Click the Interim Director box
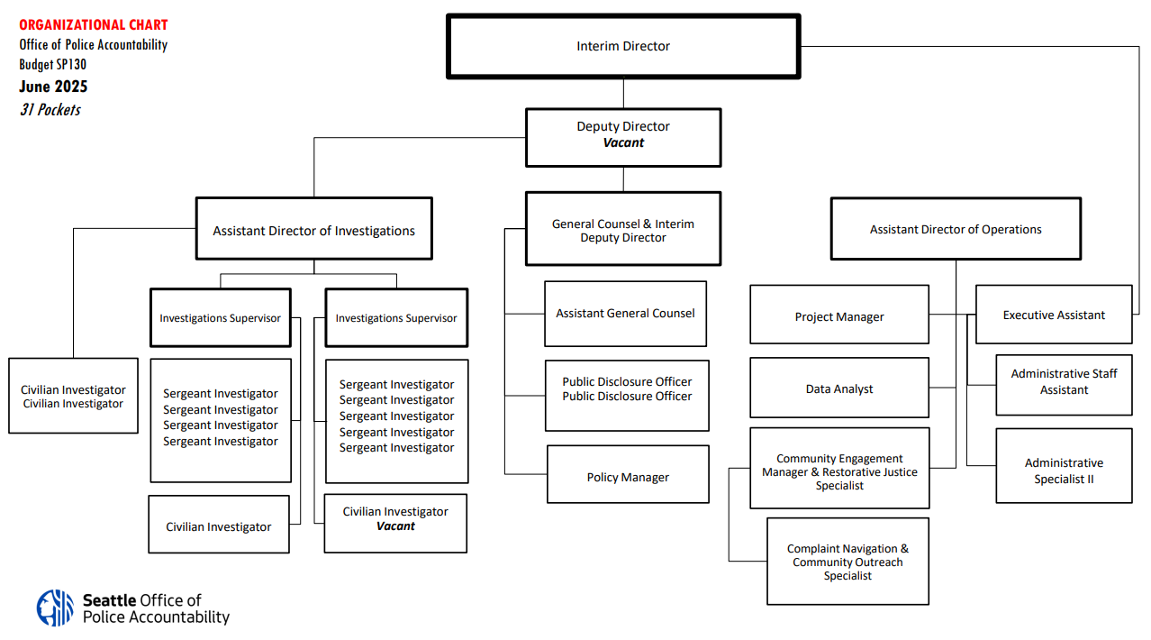click(623, 46)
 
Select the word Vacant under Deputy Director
click(623, 143)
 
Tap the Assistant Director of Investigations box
click(314, 228)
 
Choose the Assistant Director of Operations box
click(956, 229)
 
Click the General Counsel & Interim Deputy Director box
click(623, 229)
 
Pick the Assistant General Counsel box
click(625, 314)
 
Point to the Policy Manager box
click(628, 474)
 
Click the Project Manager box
click(839, 315)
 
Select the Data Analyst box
click(839, 388)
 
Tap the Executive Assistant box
click(1054, 315)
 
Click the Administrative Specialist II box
click(1064, 466)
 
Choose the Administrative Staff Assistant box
click(1064, 385)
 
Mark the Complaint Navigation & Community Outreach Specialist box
click(847, 562)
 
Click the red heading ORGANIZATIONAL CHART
click(94, 24)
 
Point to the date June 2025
click(53, 87)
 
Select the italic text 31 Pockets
click(50, 110)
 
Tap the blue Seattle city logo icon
click(55, 608)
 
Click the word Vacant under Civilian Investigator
click(395, 526)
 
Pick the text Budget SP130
click(53, 64)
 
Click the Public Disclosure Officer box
click(627, 396)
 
